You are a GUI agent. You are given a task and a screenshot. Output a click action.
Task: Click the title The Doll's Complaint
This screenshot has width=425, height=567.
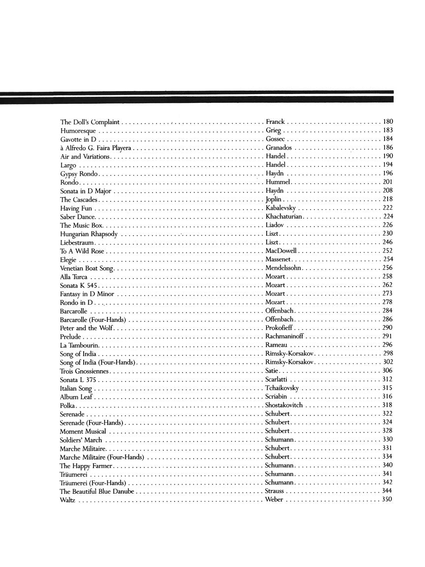click(90, 121)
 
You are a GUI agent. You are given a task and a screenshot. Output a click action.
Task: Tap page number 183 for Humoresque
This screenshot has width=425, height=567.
click(388, 130)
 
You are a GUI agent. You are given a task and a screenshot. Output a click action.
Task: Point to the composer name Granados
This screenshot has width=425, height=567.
click(278, 148)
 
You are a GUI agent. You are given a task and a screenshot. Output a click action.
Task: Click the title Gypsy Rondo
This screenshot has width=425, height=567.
click(79, 174)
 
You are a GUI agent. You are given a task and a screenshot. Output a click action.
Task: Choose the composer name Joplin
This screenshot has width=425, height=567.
click(274, 200)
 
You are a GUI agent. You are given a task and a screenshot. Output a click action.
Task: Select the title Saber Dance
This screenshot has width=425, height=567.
click(78, 217)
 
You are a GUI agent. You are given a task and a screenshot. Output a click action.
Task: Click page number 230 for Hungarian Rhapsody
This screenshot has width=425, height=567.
click(388, 234)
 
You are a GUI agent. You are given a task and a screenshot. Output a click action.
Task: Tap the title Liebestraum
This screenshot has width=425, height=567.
click(77, 243)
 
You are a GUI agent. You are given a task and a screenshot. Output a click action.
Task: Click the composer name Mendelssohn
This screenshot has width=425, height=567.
click(284, 268)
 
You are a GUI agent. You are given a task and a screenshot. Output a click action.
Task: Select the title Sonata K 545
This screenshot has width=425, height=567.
click(80, 285)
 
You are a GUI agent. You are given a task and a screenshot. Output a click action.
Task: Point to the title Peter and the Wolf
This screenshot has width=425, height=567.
click(87, 328)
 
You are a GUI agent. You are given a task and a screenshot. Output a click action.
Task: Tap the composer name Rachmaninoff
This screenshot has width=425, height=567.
click(284, 337)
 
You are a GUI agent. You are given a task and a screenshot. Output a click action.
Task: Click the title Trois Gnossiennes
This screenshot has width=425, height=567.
click(85, 371)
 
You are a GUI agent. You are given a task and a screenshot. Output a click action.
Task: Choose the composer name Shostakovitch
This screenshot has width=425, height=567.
click(284, 405)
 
